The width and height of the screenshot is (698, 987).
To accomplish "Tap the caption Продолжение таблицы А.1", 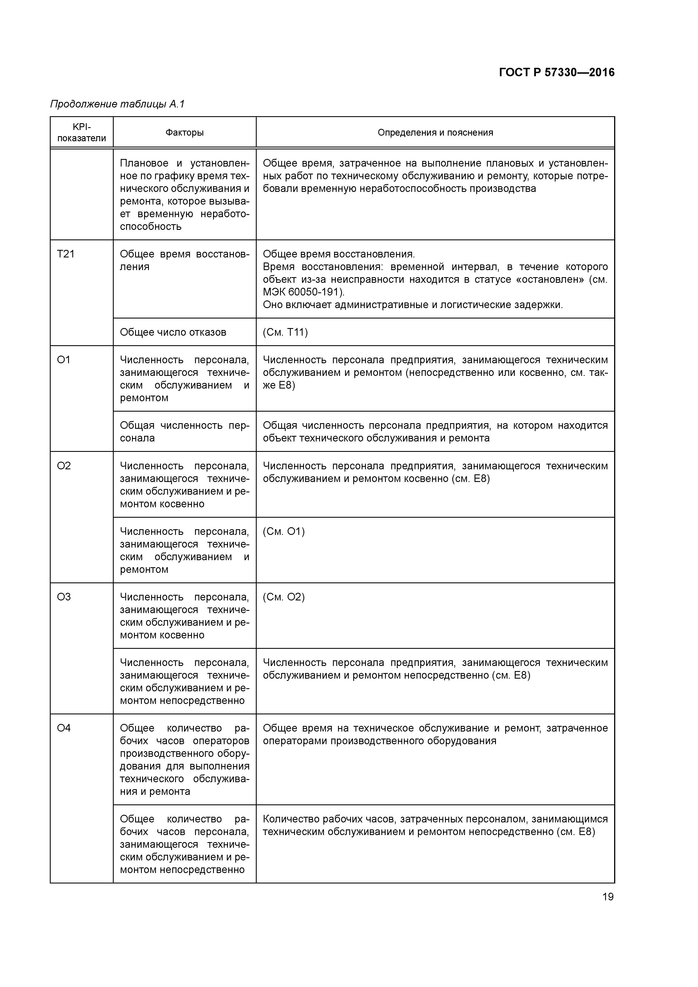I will pyautogui.click(x=117, y=104).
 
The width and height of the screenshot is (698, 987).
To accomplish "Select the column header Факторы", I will pyautogui.click(x=185, y=133).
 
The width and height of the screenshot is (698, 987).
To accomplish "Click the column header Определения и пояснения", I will pyautogui.click(x=435, y=133).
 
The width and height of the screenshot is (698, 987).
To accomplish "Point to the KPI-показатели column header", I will pyautogui.click(x=81, y=133).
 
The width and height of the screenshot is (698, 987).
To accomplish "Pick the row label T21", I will pyautogui.click(x=66, y=254).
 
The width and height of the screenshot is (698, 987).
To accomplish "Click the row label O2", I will pyautogui.click(x=64, y=466).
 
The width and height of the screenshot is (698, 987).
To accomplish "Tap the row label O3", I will pyautogui.click(x=64, y=597).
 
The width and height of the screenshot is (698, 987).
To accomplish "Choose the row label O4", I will pyautogui.click(x=64, y=728).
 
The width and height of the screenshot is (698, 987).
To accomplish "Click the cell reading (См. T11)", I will pyautogui.click(x=285, y=332).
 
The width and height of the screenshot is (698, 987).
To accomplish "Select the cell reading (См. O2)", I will pyautogui.click(x=283, y=597).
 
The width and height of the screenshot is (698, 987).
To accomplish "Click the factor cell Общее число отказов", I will pyautogui.click(x=173, y=332).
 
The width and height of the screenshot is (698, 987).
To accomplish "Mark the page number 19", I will pyautogui.click(x=608, y=897).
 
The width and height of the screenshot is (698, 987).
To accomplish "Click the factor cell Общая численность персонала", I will pyautogui.click(x=185, y=432).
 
